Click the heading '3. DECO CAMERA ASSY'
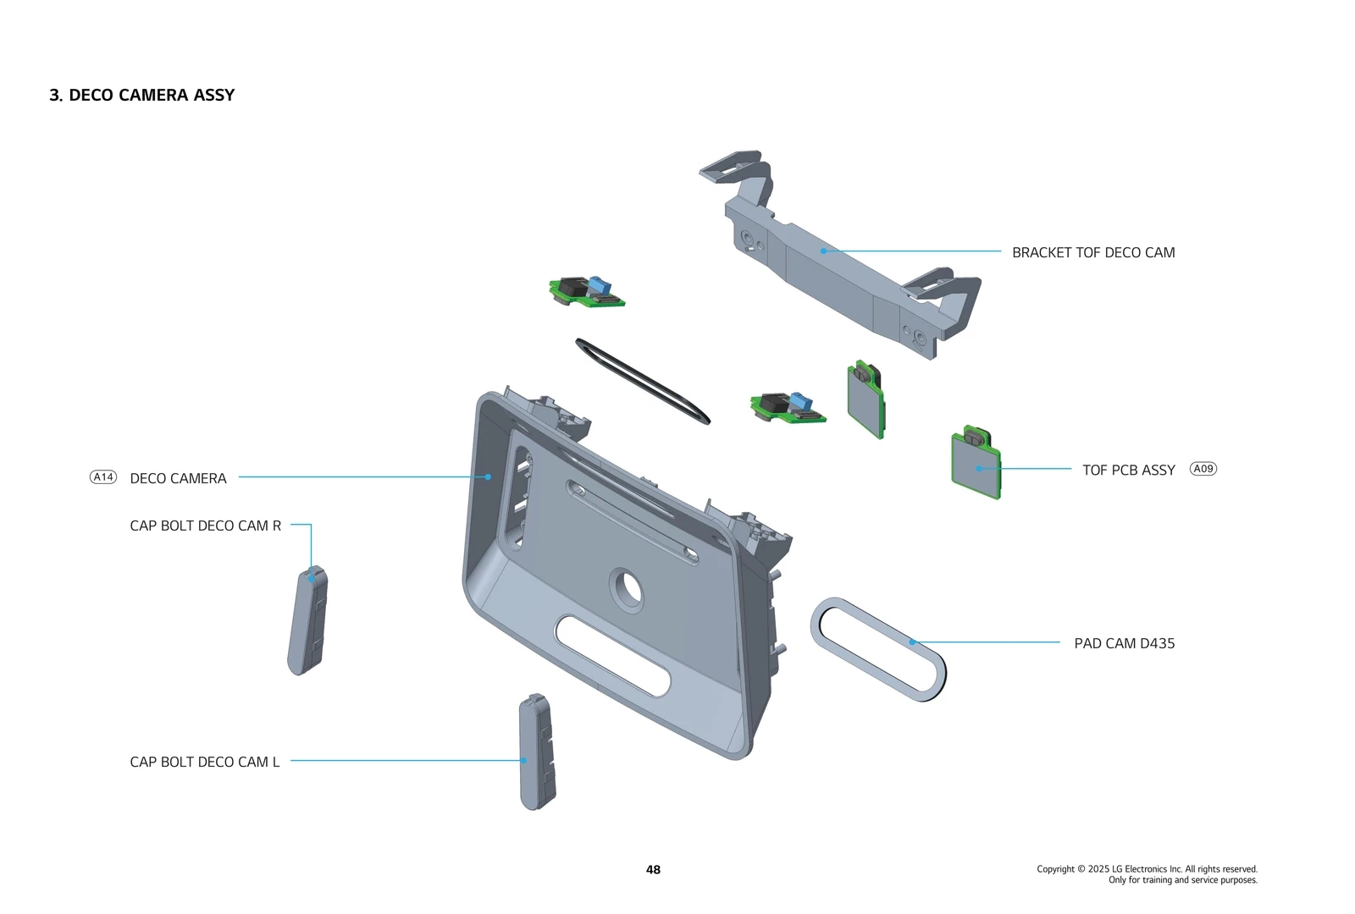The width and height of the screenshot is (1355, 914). [x=141, y=95]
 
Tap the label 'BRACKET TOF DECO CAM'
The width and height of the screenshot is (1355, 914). [x=1092, y=252]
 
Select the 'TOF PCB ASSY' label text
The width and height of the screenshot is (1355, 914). [x=1128, y=470]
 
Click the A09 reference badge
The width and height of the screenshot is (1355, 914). [x=1203, y=469]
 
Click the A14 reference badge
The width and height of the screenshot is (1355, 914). [x=103, y=477]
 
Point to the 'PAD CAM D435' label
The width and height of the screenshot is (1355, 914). [x=1124, y=643]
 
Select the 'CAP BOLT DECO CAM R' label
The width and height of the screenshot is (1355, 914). [x=205, y=526]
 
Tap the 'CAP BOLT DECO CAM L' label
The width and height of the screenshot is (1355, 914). [x=204, y=762]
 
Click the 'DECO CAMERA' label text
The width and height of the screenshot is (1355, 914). [x=178, y=478]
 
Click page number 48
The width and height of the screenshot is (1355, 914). [x=653, y=869]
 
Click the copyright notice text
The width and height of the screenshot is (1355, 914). [x=1147, y=874]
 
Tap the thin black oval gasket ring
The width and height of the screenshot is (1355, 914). [x=642, y=381]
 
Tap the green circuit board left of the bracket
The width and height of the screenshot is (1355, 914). [x=586, y=292]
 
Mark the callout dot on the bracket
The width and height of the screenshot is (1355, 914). [x=823, y=251]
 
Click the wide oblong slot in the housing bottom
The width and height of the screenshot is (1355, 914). [x=614, y=656]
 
